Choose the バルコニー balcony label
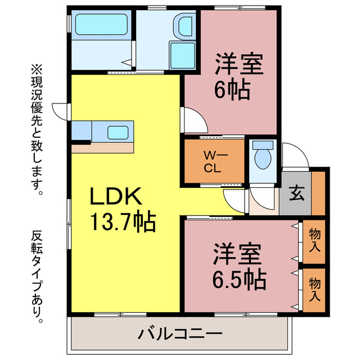coord(180,334)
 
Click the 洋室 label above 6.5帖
coord(237,254)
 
